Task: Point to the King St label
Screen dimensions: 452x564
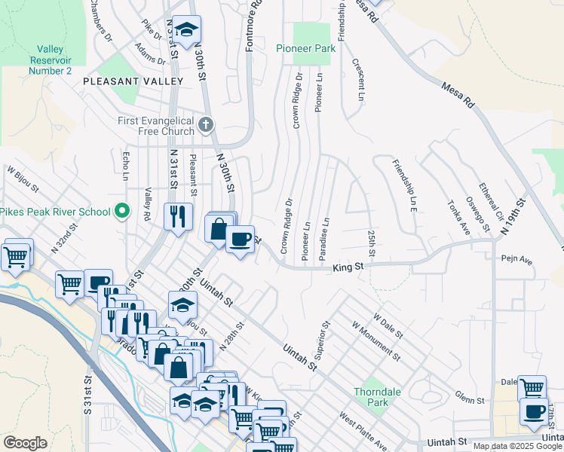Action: [348, 266]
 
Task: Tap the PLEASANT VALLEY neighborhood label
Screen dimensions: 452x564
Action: [133, 81]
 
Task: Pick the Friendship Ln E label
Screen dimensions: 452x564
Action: [403, 185]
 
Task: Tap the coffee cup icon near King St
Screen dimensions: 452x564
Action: [241, 240]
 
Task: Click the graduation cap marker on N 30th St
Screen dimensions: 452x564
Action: [186, 30]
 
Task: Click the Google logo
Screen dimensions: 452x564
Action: [25, 443]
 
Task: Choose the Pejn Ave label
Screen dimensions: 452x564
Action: [516, 261]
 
